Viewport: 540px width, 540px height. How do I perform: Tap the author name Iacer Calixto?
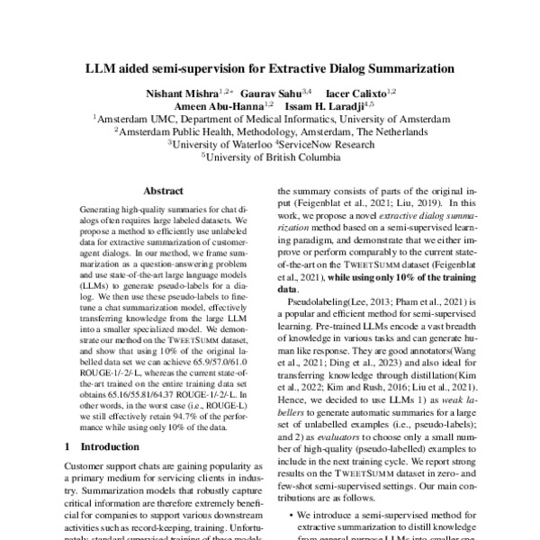[x=361, y=92]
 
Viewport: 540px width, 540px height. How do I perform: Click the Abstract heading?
[x=165, y=190]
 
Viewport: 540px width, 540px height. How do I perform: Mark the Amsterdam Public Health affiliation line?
[x=270, y=130]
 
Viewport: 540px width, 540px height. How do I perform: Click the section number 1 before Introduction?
[x=68, y=446]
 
